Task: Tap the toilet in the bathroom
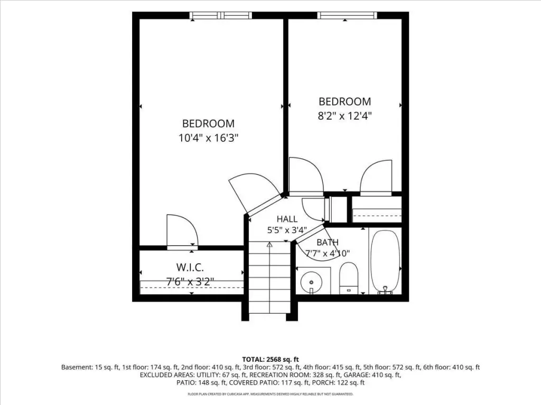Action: click(349, 278)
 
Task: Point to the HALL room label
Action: click(287, 219)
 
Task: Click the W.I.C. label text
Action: click(190, 267)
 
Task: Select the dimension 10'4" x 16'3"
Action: click(209, 138)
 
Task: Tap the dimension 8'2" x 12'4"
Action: click(344, 115)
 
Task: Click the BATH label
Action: click(328, 242)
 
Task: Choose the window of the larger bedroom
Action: click(221, 15)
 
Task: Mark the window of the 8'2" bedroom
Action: click(347, 15)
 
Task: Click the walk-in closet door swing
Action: click(182, 230)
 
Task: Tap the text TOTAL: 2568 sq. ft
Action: click(270, 360)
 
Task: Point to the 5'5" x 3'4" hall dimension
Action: click(287, 230)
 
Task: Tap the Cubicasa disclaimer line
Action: click(270, 394)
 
